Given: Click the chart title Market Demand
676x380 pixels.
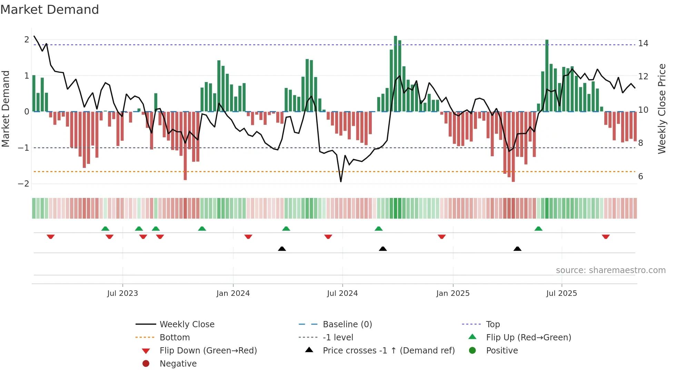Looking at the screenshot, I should point(50,10).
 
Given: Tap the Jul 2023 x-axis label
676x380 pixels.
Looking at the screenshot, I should point(122,293).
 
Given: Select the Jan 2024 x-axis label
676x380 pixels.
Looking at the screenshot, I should point(233,293).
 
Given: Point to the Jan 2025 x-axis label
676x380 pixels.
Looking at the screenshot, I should point(453,293).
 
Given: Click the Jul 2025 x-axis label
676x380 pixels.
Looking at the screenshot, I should point(561,293).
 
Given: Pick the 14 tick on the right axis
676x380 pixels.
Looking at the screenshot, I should point(643,43).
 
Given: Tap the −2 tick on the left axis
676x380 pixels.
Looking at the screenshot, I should point(24,184).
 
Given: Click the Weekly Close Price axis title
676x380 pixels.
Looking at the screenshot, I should point(662,109).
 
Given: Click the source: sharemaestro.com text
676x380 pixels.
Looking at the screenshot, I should point(610,270).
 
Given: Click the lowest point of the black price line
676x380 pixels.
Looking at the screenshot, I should point(341,181).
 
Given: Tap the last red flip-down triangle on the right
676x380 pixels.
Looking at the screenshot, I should point(606,237).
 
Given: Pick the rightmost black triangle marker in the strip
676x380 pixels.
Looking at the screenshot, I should point(517,249).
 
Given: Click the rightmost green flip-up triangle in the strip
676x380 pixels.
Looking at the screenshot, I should point(538,229).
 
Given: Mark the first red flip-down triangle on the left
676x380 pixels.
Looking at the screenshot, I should point(51,237).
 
